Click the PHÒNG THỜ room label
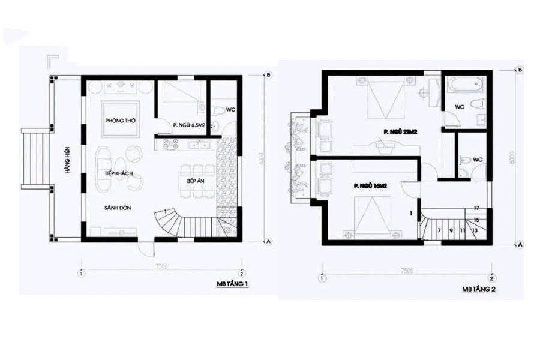tap(120, 121)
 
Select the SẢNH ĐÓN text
tap(117, 208)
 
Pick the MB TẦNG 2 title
tap(478, 289)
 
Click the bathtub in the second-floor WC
tap(460, 84)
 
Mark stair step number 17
tap(475, 208)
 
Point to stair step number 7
tap(439, 230)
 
